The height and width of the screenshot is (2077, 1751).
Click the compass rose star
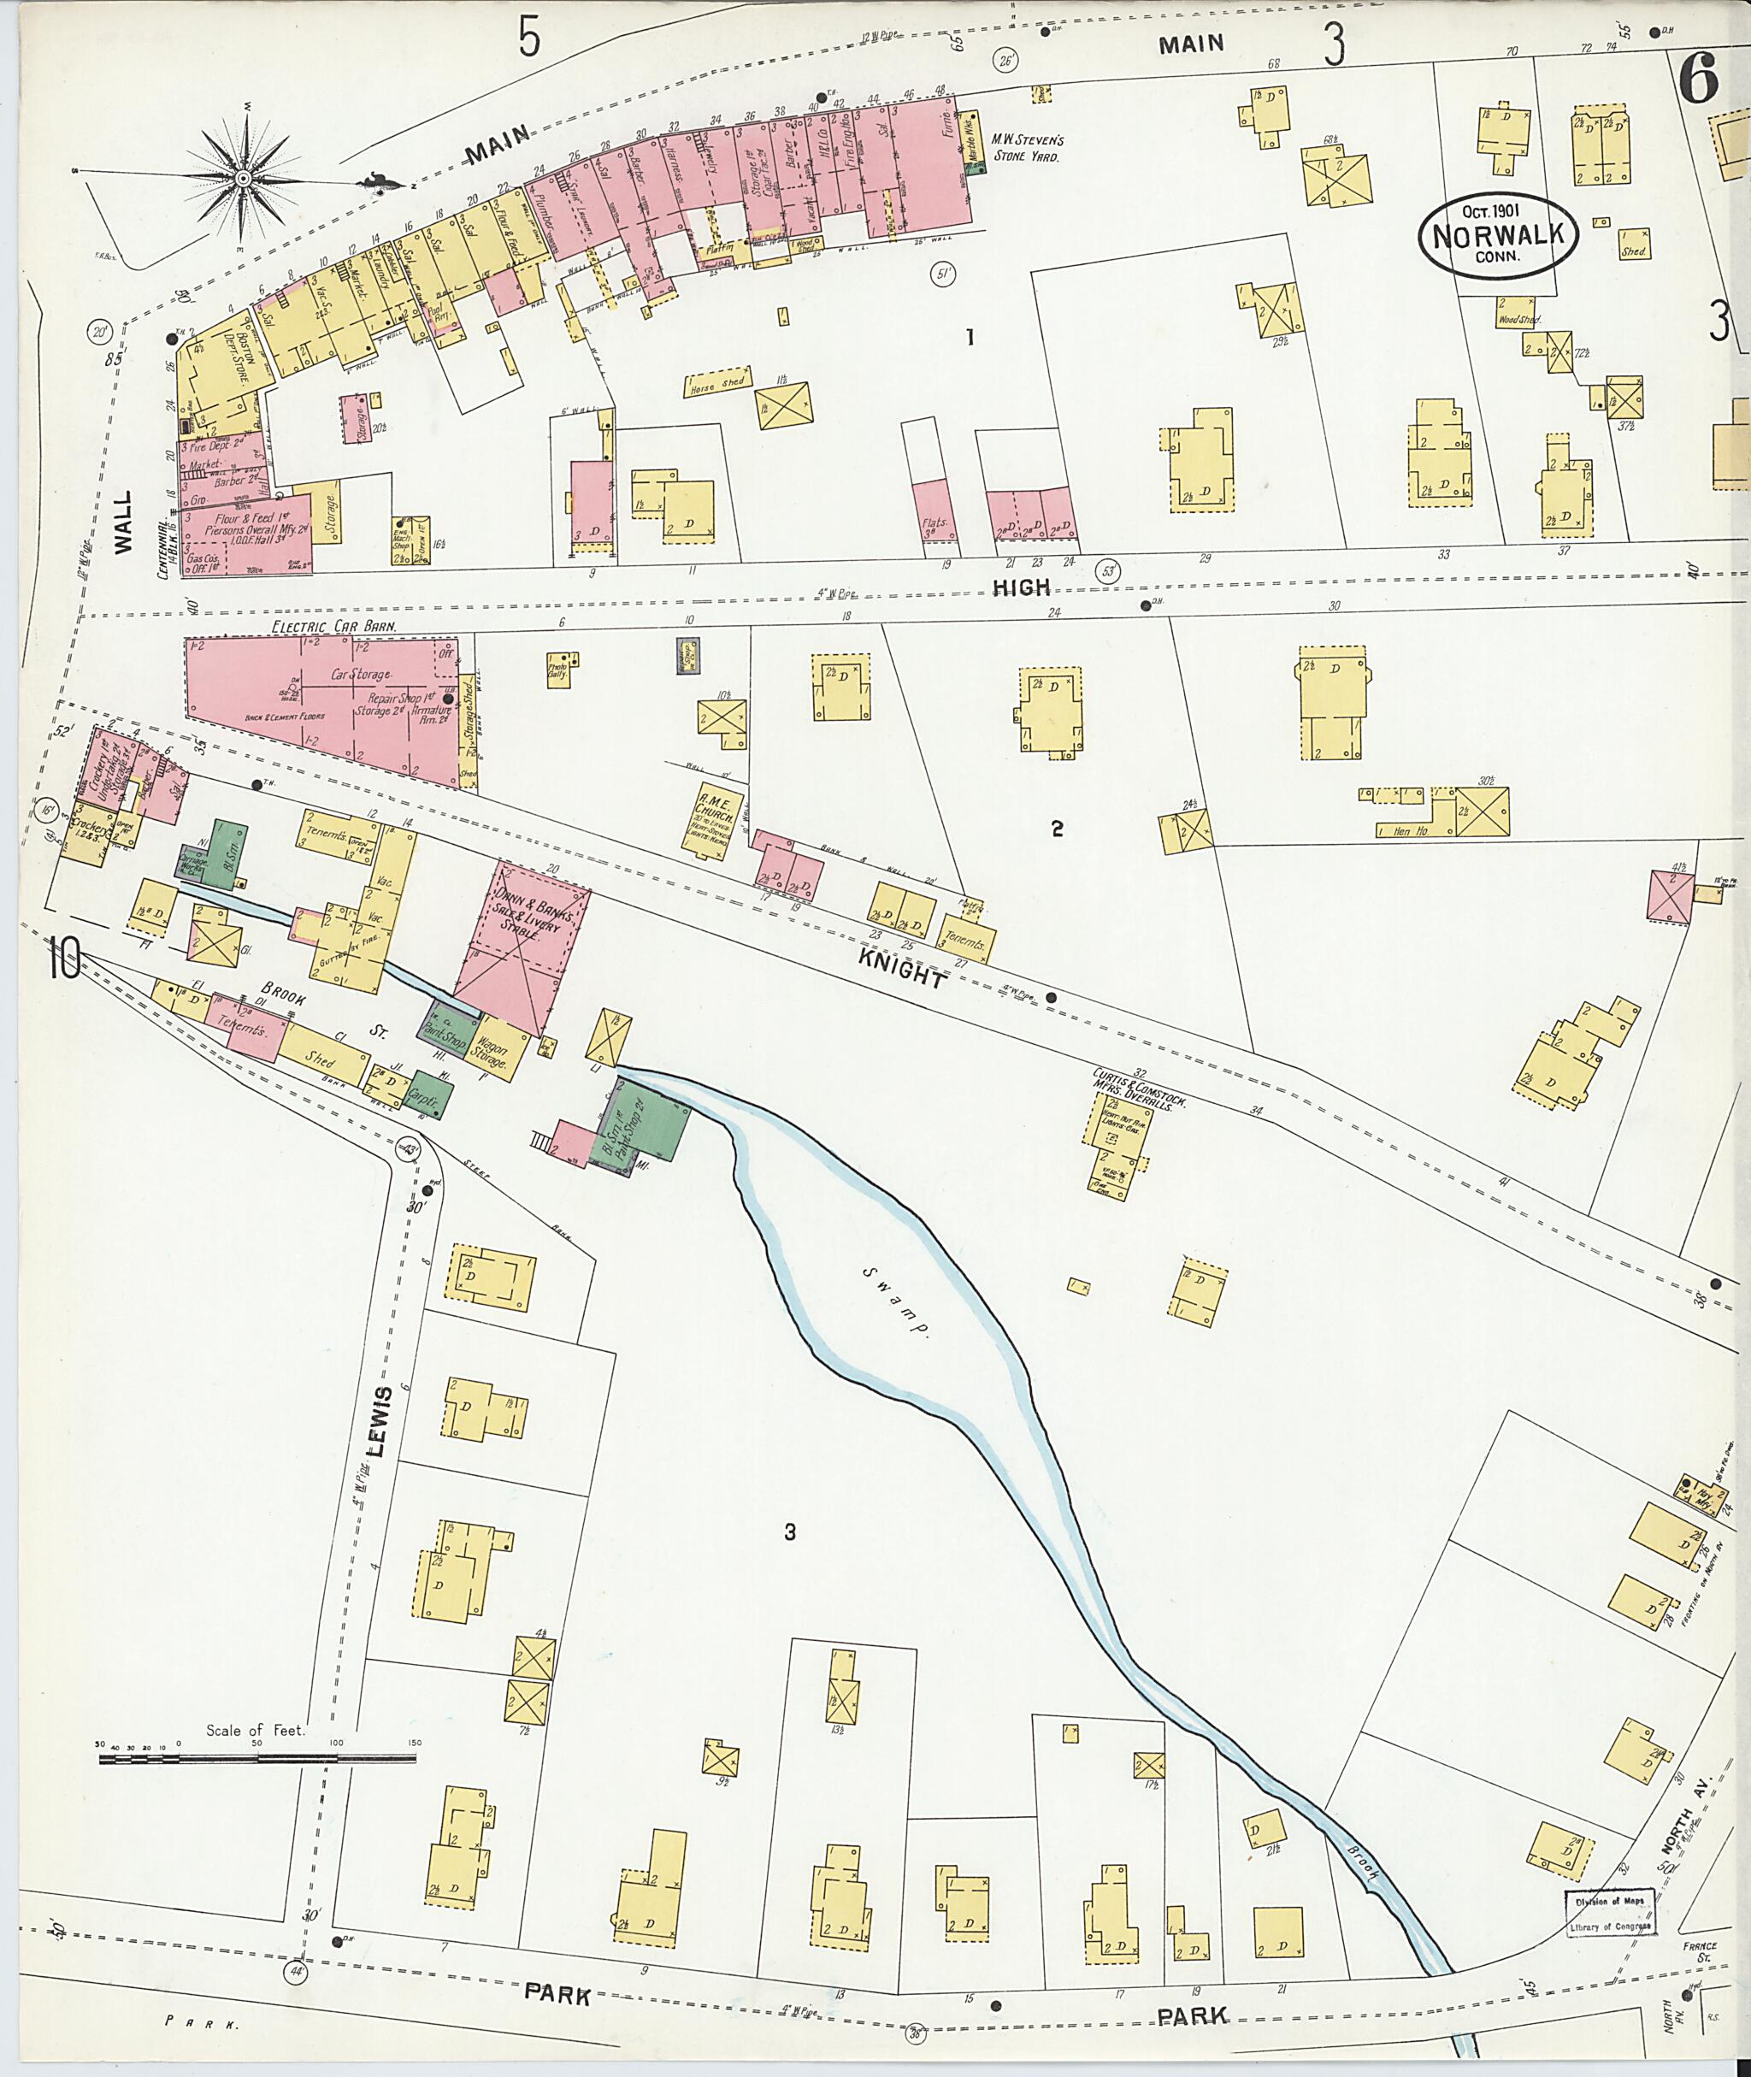pos(243,179)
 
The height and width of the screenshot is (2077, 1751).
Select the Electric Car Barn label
pos(334,628)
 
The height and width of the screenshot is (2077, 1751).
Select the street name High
pos(1022,587)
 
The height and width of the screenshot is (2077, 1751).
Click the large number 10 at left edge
pos(64,960)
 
